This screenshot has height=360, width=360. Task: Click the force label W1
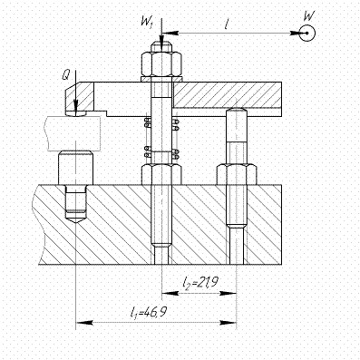148,22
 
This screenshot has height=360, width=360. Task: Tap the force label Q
66,75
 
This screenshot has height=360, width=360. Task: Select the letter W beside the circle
308,15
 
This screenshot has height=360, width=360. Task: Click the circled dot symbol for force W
307,33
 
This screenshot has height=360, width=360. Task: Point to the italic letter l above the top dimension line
226,24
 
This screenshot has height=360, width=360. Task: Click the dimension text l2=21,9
199,283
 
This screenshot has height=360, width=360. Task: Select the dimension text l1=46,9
148,312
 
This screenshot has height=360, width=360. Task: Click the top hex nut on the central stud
161,64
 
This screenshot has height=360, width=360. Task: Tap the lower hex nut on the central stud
161,174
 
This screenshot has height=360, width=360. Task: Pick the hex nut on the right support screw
237,174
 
